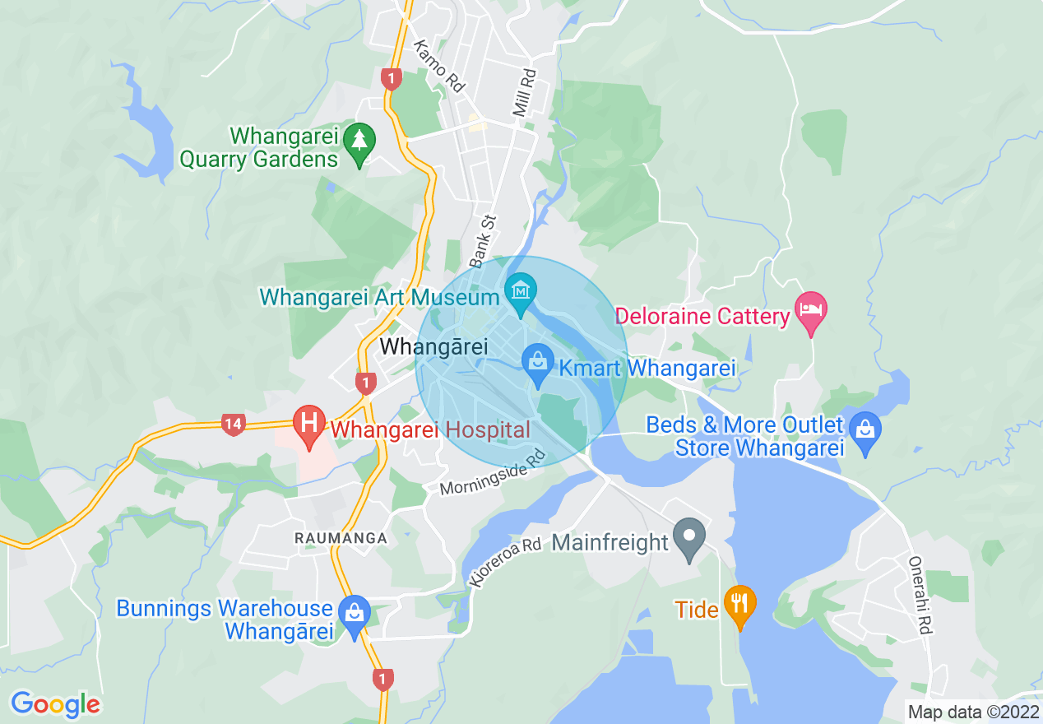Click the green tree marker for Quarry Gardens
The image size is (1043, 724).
click(x=359, y=141)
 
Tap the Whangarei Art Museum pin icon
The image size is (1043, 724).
click(x=521, y=292)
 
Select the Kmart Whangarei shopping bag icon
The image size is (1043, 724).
click(x=537, y=362)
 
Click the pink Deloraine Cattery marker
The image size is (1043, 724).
click(x=811, y=311)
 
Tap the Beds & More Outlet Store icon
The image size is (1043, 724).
click(x=865, y=429)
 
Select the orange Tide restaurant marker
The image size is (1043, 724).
click(x=739, y=603)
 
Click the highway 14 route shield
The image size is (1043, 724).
click(x=234, y=425)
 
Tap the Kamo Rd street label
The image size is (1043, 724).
click(x=439, y=66)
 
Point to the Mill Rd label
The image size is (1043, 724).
click(x=525, y=91)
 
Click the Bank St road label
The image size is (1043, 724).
click(x=484, y=241)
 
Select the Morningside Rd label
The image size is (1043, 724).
click(x=493, y=475)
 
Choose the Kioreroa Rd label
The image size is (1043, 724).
click(x=506, y=562)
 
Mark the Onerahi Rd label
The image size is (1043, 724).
click(x=919, y=596)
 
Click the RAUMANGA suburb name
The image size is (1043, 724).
click(x=341, y=537)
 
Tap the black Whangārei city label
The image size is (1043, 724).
click(x=433, y=347)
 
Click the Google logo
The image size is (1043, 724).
click(x=55, y=704)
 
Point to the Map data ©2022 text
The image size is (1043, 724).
click(x=972, y=711)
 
